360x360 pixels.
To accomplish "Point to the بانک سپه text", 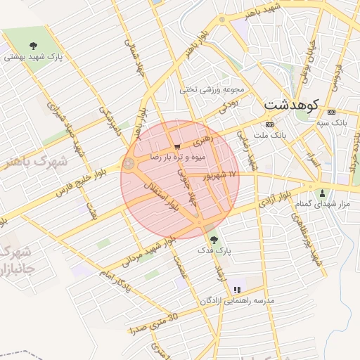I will pos(331,123).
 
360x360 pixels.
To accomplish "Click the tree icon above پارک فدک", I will pos(214,240).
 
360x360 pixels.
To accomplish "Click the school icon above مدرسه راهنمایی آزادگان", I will pos(237,289).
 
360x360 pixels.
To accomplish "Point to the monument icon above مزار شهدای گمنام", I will pos(323,193).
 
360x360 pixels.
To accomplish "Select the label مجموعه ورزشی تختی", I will pos(212,89).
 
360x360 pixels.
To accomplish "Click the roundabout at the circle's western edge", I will pos(129,165).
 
